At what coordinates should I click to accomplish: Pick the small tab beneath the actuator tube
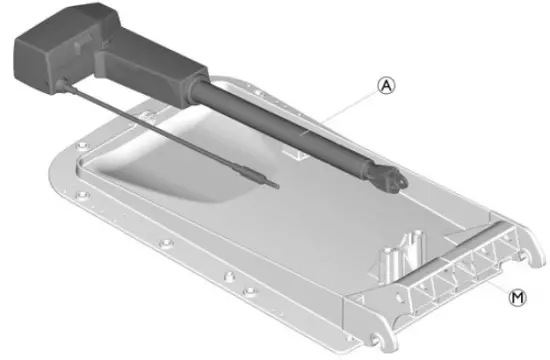297,152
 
